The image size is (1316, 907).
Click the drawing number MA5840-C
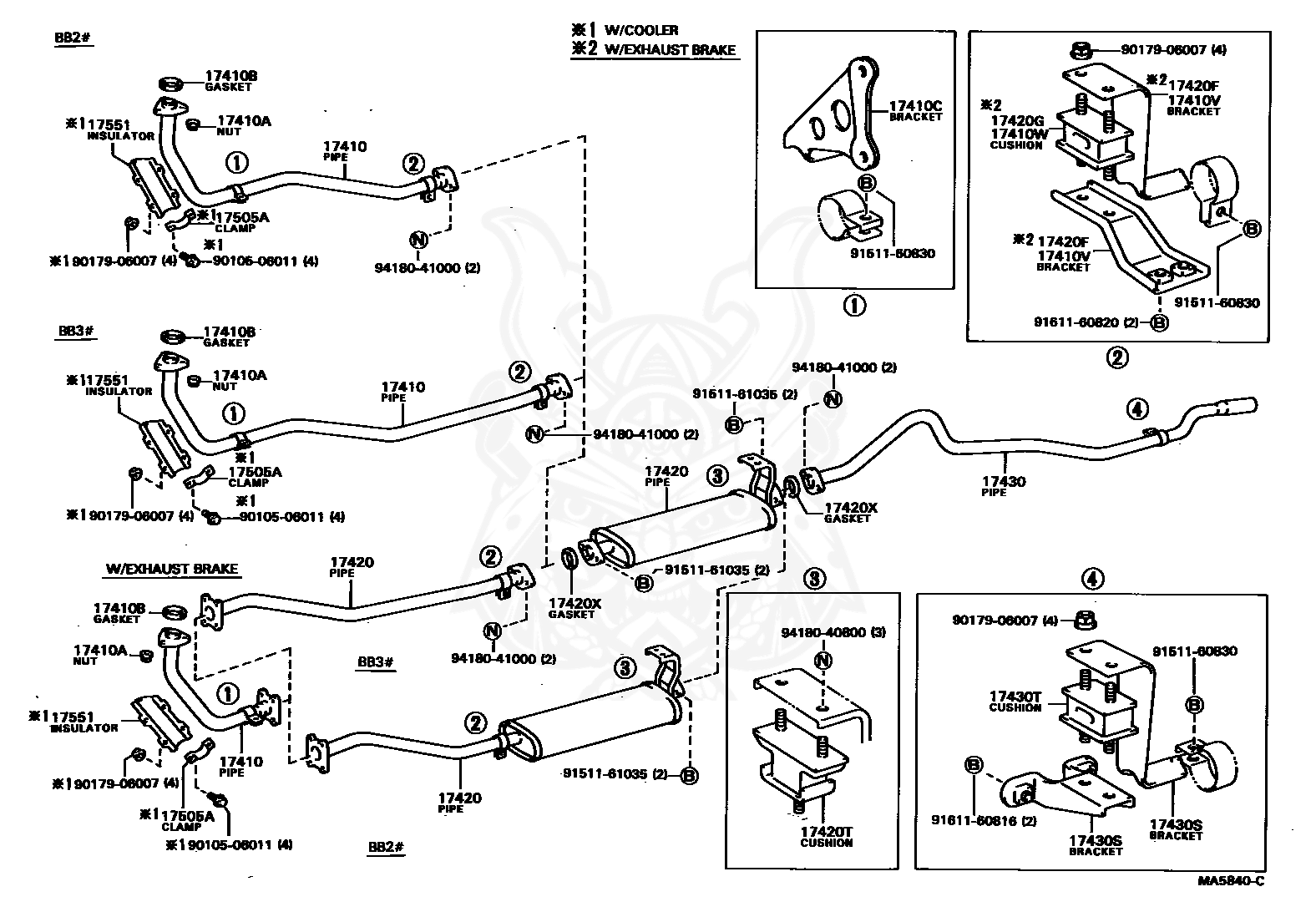coord(1232,882)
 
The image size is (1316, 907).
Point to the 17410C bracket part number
coord(915,106)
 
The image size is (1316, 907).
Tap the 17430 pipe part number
coord(1004,481)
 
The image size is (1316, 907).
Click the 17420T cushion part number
coord(826,832)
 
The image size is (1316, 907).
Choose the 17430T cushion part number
coord(1015,697)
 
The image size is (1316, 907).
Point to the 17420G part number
coord(1017,120)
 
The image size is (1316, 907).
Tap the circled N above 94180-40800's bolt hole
coord(823,661)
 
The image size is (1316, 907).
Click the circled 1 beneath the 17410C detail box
coord(854,306)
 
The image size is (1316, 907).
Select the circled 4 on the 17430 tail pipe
coord(1137,408)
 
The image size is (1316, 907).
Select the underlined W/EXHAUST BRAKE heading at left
coord(171,570)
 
